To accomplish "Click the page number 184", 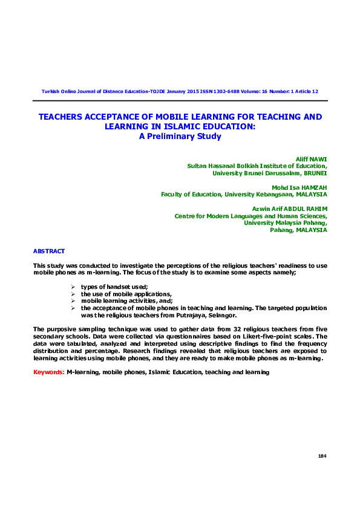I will point(322,455).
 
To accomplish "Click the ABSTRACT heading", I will point(49,251).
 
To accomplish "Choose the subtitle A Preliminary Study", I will point(180,136).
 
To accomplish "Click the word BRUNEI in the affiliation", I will point(314,172).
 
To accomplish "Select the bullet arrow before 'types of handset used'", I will point(73,286).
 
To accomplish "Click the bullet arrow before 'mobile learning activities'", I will point(73,300).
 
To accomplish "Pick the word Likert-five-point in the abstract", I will point(272,336).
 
